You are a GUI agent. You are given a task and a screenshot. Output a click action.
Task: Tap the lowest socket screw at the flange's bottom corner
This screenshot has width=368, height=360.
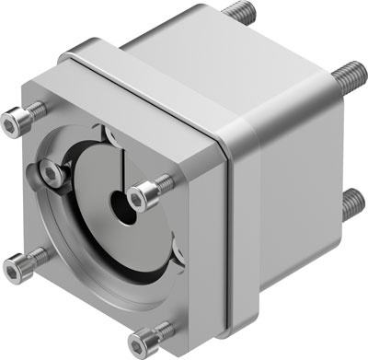click(139, 343)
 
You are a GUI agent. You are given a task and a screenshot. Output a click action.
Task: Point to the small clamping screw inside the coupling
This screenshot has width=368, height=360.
click(51, 174)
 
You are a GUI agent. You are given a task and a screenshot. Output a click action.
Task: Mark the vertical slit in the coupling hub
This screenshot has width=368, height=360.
click(121, 170)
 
